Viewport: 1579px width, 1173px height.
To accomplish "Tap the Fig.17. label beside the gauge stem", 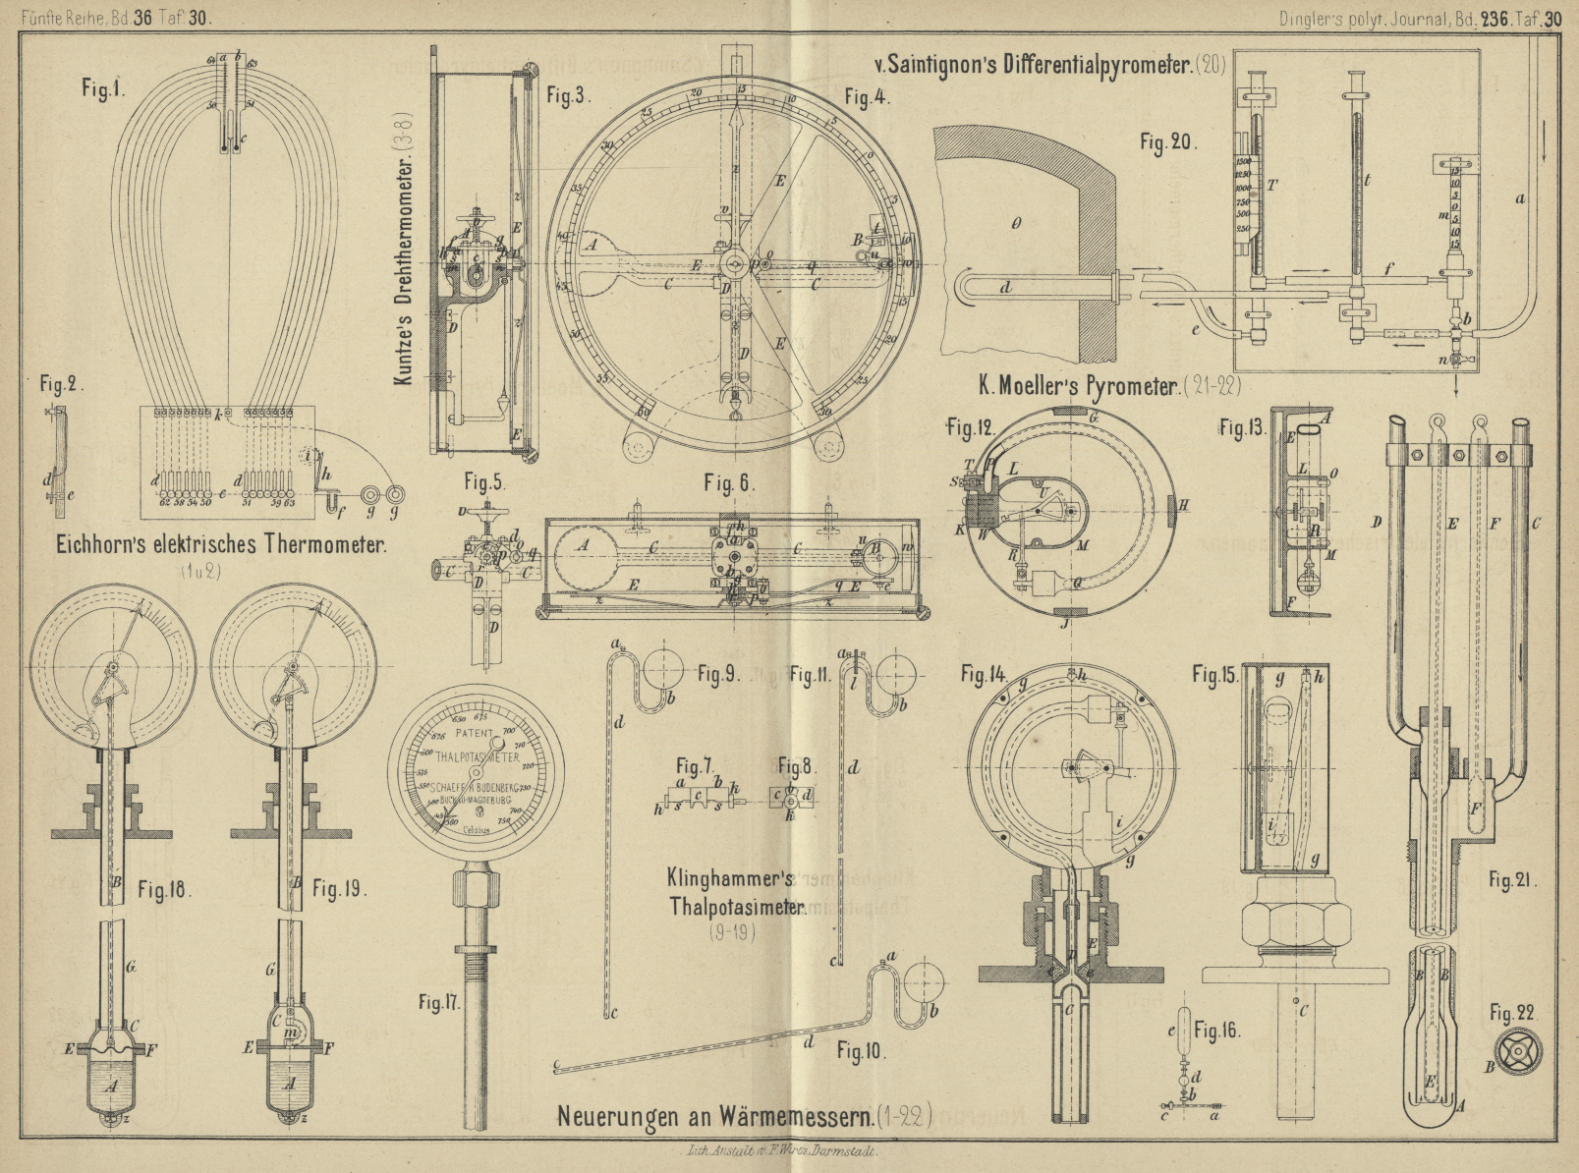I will coord(438,1002).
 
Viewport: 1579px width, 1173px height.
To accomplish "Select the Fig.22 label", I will coord(1511,1013).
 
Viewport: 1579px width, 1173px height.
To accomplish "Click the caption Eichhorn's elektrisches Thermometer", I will coord(221,546).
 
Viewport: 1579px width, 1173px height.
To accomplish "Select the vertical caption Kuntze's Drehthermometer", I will coord(405,246).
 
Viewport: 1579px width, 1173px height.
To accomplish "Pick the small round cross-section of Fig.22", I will coord(1517,1052).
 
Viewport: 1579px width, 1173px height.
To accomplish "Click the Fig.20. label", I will coord(1168,142).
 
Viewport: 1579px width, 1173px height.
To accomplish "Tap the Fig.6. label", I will coord(728,482).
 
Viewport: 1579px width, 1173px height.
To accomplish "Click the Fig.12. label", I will coord(971,428).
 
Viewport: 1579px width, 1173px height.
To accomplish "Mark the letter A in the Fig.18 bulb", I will coord(110,1086).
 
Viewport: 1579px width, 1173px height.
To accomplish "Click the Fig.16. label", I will coord(1216,1031).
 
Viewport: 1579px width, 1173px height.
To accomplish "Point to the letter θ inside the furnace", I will coord(1016,223).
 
